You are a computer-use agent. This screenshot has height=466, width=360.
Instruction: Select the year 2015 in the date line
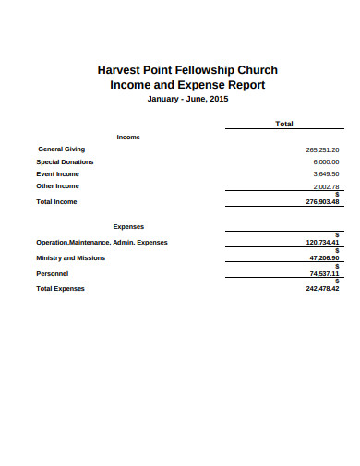click(x=218, y=100)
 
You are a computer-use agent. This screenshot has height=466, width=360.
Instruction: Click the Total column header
click(x=284, y=123)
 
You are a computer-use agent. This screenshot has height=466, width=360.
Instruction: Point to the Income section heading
click(x=128, y=137)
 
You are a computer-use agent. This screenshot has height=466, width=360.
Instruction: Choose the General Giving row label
click(x=61, y=149)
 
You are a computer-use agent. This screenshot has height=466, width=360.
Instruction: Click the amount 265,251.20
click(x=322, y=149)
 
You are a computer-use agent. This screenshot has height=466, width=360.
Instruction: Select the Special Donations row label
click(x=65, y=161)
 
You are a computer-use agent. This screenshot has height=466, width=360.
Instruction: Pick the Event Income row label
click(x=58, y=173)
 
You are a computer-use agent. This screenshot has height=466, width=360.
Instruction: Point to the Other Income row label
click(x=57, y=186)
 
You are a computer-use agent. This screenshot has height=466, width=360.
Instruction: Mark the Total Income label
click(x=56, y=201)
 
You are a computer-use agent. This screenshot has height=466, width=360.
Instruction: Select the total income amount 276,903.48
click(x=322, y=201)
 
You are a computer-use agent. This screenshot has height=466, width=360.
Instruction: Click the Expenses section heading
click(x=128, y=225)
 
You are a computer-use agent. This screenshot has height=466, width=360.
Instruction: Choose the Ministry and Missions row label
click(x=70, y=257)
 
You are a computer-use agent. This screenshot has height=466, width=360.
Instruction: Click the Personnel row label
click(x=52, y=273)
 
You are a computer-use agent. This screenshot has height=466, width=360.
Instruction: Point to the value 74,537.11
click(x=324, y=274)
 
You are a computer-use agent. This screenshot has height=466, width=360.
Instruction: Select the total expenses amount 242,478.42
click(x=322, y=288)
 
